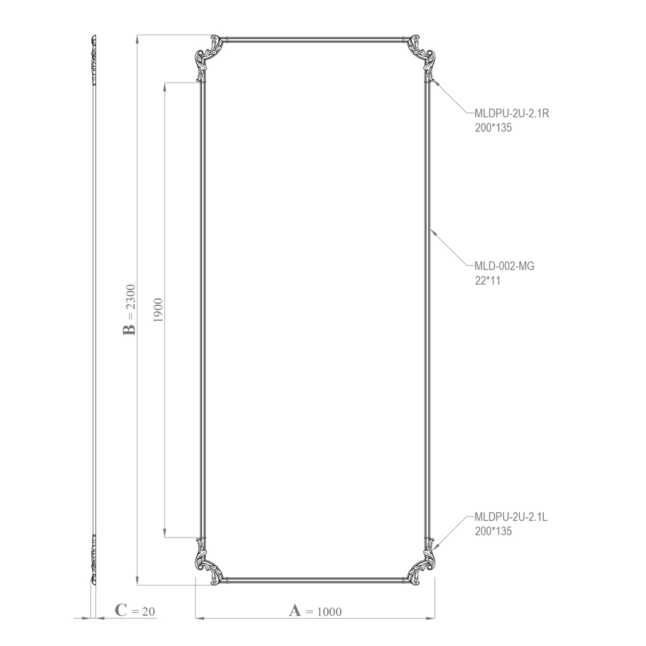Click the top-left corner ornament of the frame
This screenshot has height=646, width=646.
(x=208, y=56)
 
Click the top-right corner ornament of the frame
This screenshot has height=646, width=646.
(x=421, y=56)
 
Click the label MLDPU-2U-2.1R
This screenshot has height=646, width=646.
(x=512, y=114)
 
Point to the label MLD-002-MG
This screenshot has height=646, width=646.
(x=504, y=266)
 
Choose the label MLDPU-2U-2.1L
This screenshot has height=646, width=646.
(x=511, y=517)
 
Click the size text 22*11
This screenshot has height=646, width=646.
(x=488, y=281)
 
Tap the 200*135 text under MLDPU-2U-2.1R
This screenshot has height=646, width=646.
(x=493, y=127)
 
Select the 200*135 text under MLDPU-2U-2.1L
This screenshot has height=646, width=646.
(x=493, y=531)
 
